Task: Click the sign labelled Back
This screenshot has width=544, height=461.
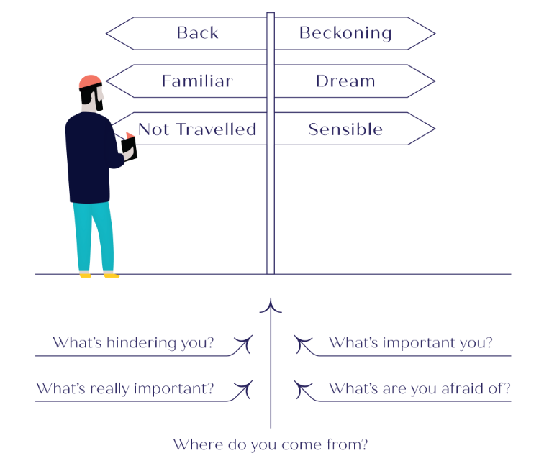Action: pos(197,33)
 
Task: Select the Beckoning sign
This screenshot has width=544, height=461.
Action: pos(345,33)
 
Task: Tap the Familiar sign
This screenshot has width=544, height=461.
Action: pos(196,81)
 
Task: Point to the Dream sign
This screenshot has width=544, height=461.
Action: pos(345,81)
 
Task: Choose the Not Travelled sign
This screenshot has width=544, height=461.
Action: pos(196,129)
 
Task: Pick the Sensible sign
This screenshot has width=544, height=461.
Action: pos(345,129)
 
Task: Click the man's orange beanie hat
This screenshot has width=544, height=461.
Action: pos(90,81)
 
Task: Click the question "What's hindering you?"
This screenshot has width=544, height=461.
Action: pos(133,343)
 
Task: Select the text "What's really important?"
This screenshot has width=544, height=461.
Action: pos(125,389)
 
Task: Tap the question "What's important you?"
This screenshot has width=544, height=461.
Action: pos(411,343)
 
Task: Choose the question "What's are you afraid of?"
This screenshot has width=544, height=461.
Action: pos(420,389)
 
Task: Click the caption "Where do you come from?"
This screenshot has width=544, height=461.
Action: pos(271,444)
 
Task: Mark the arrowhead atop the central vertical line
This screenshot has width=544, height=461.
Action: pos(271,306)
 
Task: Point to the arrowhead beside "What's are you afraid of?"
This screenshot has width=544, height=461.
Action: pos(301,390)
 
